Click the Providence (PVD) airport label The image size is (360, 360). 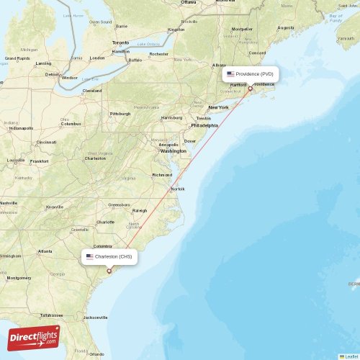251,73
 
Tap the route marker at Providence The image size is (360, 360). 250,89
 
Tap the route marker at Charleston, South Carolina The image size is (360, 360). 109,271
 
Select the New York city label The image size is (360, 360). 218,107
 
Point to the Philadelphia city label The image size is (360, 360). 204,125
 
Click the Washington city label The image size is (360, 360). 174,151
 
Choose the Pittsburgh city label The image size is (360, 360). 120,114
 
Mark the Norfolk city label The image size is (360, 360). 177,189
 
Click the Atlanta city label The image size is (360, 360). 45,251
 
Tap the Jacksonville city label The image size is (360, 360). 95,317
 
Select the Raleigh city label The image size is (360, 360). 140,210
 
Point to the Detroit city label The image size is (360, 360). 52,74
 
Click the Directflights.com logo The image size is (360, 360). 34,337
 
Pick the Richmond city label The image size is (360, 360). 162,174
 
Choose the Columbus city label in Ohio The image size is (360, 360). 71,124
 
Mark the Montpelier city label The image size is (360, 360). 242,30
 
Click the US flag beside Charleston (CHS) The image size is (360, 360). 89,256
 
